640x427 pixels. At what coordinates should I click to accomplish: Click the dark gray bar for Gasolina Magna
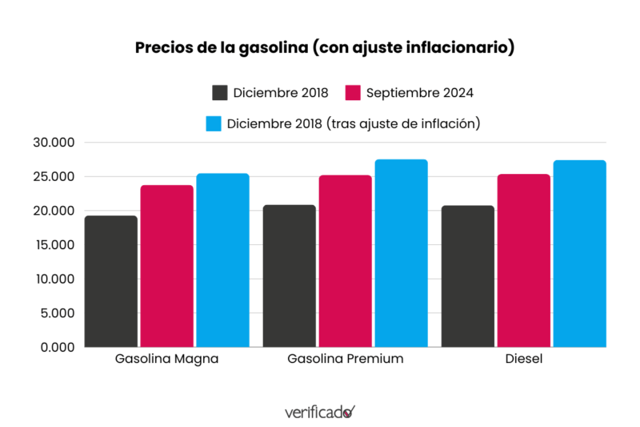(x=110, y=281)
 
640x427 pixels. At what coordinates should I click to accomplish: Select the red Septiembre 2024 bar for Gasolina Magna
(x=166, y=266)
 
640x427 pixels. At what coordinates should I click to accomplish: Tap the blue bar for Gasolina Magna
(x=222, y=260)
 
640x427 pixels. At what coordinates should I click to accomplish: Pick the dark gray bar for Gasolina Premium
(x=289, y=276)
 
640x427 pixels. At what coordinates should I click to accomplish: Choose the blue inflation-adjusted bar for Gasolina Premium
(x=401, y=253)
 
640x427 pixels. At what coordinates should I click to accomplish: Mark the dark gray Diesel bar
(x=467, y=276)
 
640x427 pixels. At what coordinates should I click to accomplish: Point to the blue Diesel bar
(x=579, y=254)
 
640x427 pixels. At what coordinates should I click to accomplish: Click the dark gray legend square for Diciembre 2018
(x=220, y=92)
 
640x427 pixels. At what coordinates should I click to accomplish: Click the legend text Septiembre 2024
(x=420, y=92)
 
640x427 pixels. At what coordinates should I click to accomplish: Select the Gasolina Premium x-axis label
(x=345, y=359)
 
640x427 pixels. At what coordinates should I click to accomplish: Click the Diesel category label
(x=523, y=359)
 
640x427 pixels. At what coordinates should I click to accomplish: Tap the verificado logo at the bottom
(x=319, y=412)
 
